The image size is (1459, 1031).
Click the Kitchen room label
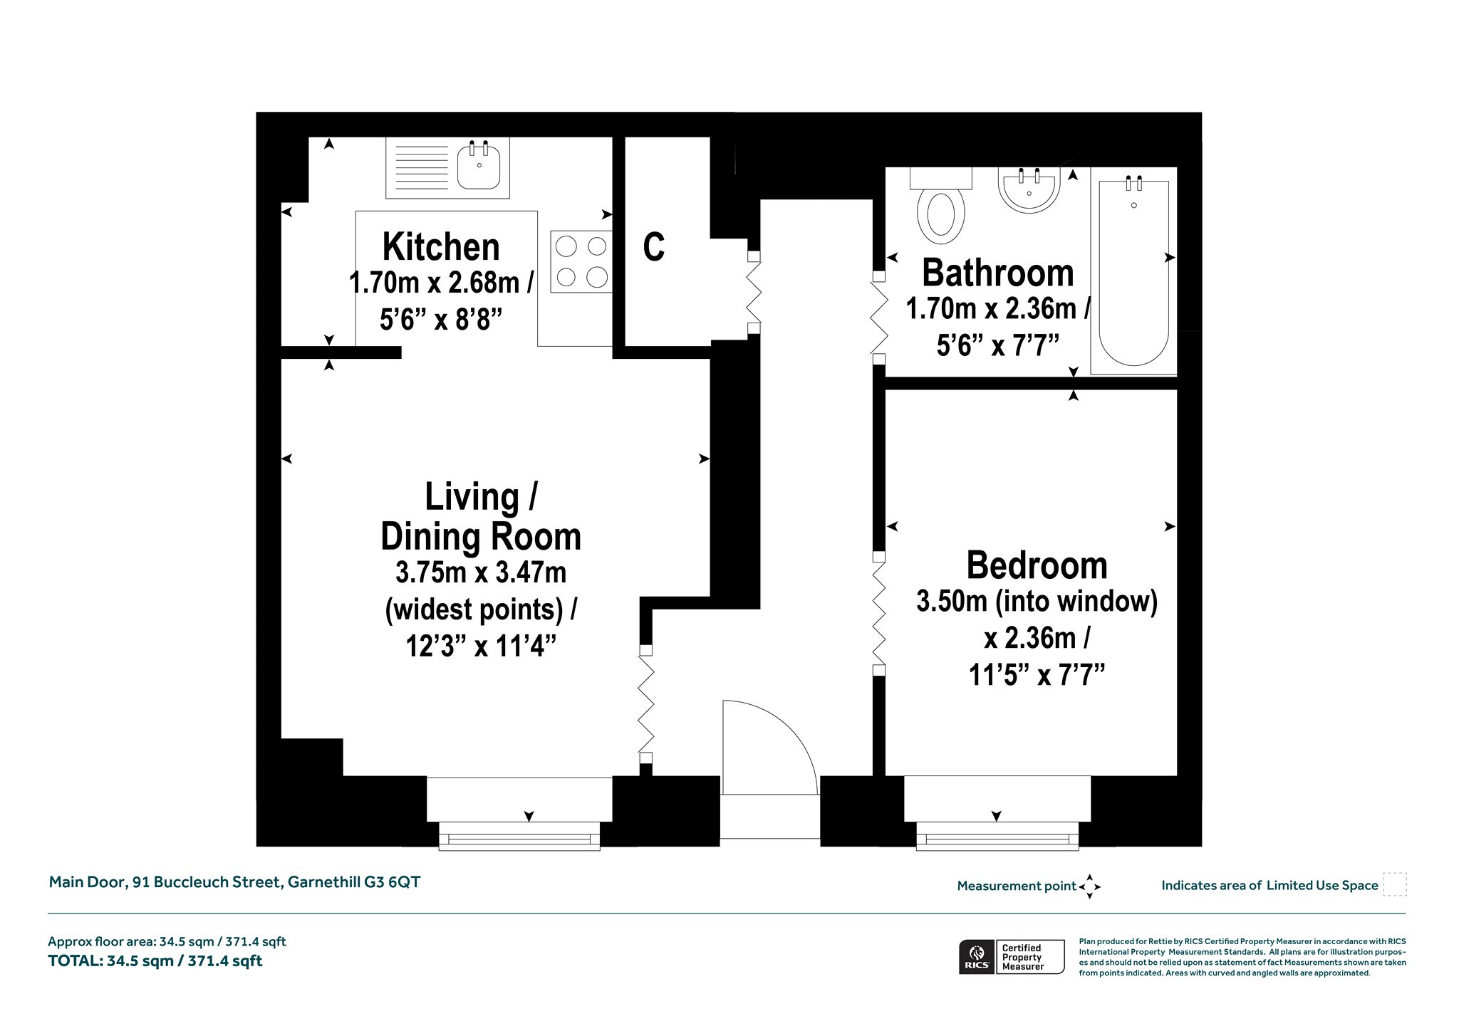click(x=441, y=247)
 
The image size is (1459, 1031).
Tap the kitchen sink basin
click(x=479, y=165)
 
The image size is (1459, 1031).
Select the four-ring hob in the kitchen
click(x=581, y=261)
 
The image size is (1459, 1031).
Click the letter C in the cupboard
click(x=654, y=246)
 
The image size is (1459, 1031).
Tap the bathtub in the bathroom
click(x=1133, y=271)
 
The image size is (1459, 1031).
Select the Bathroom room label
click(x=997, y=273)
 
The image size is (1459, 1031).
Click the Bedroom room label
click(x=1037, y=565)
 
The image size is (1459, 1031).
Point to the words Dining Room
click(x=481, y=536)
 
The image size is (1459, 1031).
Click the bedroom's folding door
click(x=879, y=612)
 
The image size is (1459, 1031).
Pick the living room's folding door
click(x=645, y=703)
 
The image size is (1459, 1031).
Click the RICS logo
click(x=977, y=957)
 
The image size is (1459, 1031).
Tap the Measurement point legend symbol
click(x=1089, y=886)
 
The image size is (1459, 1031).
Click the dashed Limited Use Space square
click(x=1395, y=884)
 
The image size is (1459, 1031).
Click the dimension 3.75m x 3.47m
click(x=481, y=572)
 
